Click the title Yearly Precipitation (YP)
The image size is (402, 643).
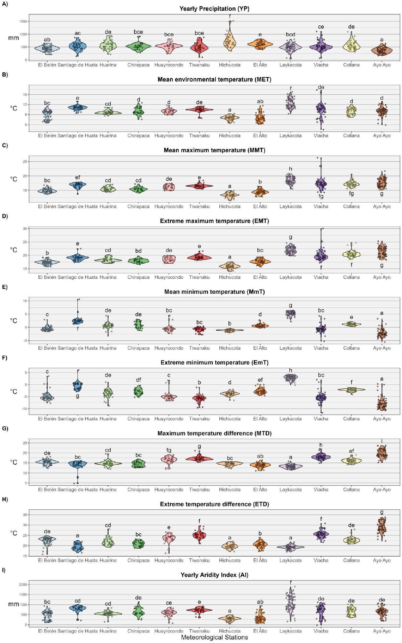point(214,9)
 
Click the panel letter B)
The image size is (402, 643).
point(5,75)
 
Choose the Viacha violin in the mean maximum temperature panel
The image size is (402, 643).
point(321,183)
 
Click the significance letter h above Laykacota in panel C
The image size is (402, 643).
point(291,169)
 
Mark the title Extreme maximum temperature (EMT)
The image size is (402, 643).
point(214,221)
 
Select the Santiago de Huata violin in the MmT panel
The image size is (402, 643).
point(77,321)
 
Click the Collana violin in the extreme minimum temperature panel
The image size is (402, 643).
point(351,389)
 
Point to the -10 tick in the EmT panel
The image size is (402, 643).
point(24,409)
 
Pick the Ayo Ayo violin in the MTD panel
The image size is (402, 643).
point(382,455)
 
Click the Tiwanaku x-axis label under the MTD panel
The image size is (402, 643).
point(199,489)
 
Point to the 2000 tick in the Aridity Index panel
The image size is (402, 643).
point(23,584)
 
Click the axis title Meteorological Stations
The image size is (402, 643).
point(214,637)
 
